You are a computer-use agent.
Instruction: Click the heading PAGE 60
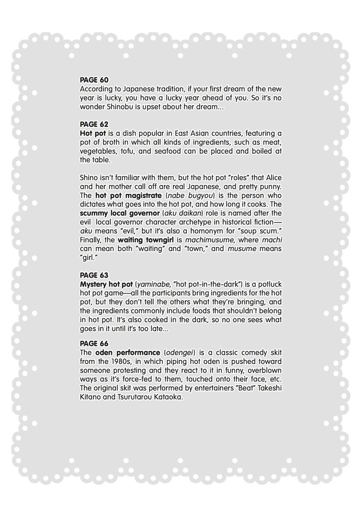click(x=94, y=80)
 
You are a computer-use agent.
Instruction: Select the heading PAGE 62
click(x=94, y=124)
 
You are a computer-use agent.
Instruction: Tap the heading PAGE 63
click(x=94, y=275)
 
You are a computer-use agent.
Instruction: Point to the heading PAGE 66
click(x=94, y=344)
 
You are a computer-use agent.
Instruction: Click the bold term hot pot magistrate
click(x=128, y=196)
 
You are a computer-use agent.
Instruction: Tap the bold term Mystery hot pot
click(x=106, y=284)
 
